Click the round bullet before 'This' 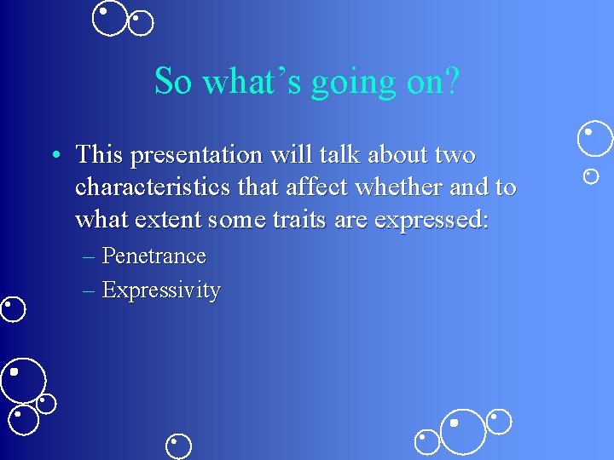tap(55, 156)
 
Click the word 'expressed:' tap(432, 220)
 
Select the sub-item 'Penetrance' tap(153, 256)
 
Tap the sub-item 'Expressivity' tap(161, 290)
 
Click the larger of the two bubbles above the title tap(109, 19)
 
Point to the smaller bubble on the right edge tap(590, 176)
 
